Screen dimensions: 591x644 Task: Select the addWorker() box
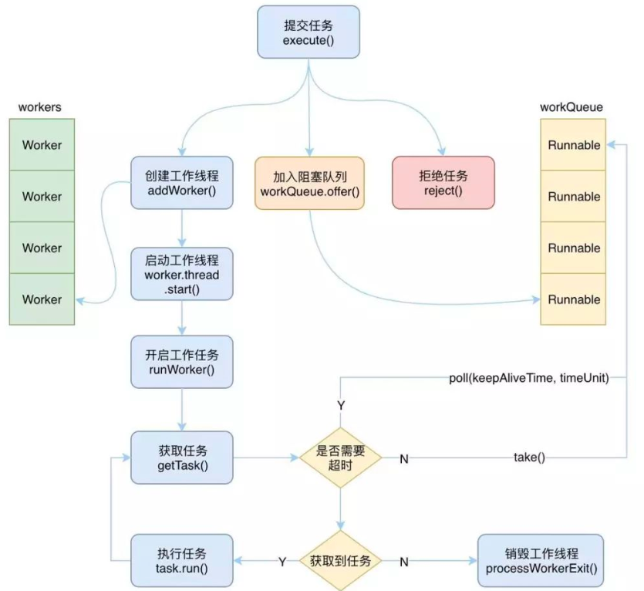(181, 182)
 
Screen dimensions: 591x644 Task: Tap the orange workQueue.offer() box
(309, 182)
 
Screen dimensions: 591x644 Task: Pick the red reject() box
(443, 182)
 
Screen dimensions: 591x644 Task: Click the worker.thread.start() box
(181, 274)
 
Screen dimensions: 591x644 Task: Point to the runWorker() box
(181, 361)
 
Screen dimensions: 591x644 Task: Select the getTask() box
(181, 457)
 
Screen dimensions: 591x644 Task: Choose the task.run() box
(181, 560)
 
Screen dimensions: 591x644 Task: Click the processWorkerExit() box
(540, 560)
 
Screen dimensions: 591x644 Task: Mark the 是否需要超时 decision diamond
(340, 458)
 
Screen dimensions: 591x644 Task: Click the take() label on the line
(529, 458)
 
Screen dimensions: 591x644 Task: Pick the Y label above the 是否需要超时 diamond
(340, 405)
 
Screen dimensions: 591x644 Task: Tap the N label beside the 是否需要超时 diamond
(403, 458)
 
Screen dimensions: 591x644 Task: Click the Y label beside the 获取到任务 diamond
(282, 562)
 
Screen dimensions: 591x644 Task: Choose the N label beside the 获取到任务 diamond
(403, 562)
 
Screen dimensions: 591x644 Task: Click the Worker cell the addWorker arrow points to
(42, 299)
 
